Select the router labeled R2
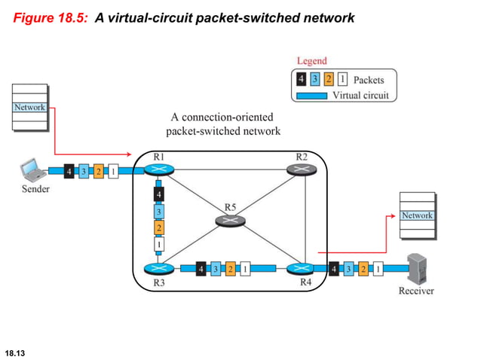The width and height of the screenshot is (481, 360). click(x=302, y=170)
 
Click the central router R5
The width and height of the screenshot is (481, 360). click(x=230, y=220)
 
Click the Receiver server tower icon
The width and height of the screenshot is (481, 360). click(x=416, y=268)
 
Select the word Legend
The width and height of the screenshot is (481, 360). click(x=311, y=61)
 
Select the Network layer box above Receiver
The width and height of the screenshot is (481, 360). click(x=417, y=215)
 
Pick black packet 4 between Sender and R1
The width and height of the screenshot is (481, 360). click(x=69, y=171)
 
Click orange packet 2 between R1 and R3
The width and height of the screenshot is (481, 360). click(x=159, y=227)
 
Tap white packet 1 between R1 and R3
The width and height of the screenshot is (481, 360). click(x=159, y=244)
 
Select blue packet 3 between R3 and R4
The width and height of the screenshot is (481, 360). click(x=216, y=268)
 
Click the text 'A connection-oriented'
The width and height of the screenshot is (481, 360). click(x=222, y=117)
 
